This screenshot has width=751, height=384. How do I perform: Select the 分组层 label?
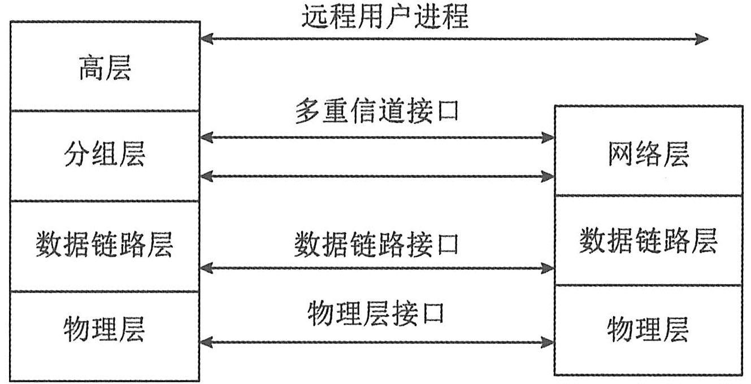(x=105, y=155)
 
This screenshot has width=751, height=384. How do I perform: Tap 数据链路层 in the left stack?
(x=105, y=245)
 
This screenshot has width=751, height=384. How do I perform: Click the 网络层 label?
(x=648, y=155)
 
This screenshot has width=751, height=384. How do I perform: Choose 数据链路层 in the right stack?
(x=648, y=242)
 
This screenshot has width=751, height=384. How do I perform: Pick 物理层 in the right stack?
(x=648, y=330)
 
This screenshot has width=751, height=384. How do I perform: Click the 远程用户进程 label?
(x=384, y=18)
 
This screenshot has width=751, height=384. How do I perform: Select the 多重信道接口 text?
(x=377, y=112)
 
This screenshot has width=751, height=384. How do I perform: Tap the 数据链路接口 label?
(x=377, y=245)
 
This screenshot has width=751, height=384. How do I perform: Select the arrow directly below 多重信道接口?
(x=377, y=137)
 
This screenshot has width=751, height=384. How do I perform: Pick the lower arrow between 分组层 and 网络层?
(x=377, y=176)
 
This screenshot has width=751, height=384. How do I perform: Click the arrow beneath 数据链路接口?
(x=377, y=268)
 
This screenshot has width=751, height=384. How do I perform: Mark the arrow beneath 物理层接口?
(x=377, y=341)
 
